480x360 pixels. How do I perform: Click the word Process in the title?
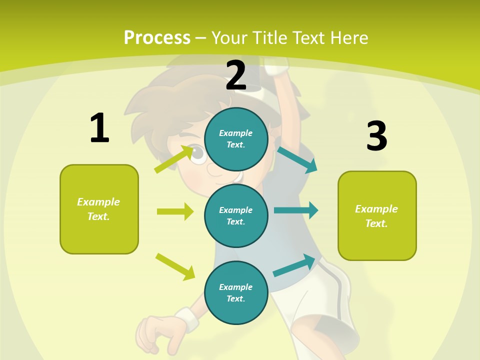[x=157, y=37]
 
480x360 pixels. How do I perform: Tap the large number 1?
[x=99, y=128]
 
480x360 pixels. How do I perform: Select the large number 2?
[x=236, y=75]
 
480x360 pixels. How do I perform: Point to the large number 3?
[x=376, y=136]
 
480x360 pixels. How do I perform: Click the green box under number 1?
[x=99, y=209]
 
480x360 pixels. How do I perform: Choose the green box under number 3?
[x=377, y=216]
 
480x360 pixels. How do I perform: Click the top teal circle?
[x=236, y=139]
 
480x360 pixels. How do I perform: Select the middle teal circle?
[x=236, y=215]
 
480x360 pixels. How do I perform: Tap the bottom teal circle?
[x=236, y=292]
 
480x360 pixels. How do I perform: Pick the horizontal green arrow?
[x=175, y=211]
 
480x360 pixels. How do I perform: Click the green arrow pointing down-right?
[x=175, y=266]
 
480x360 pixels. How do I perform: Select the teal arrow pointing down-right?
[x=297, y=159]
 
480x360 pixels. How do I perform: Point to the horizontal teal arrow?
[x=296, y=210]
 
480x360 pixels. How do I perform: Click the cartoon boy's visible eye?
[x=198, y=154]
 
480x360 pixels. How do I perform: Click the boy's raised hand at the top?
[x=276, y=65]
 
